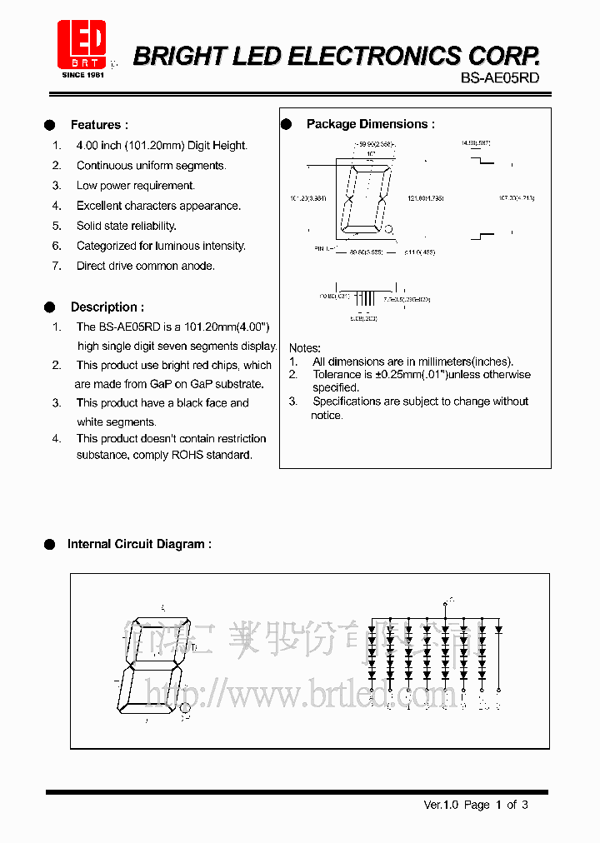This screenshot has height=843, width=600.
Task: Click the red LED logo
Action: [x=82, y=42]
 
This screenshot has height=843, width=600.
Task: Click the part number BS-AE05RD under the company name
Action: [x=500, y=78]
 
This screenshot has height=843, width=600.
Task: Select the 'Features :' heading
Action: [x=99, y=125]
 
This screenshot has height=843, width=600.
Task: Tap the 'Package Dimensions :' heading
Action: [x=370, y=124]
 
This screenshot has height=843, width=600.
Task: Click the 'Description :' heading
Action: [x=107, y=307]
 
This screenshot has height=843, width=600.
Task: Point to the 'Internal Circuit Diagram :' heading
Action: [x=139, y=544]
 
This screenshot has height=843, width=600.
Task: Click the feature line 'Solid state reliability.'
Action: [x=126, y=226]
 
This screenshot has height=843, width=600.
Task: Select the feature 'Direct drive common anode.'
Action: [x=145, y=266]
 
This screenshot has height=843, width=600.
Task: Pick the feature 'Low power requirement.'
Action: [x=135, y=186]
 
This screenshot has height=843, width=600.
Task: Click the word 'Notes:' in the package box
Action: [x=304, y=347]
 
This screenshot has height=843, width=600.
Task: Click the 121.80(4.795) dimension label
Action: [x=425, y=198]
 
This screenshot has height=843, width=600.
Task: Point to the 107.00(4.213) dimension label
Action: [x=517, y=198]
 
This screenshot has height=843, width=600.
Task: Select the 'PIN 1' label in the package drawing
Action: [x=322, y=248]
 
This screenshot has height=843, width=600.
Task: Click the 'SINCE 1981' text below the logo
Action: [x=82, y=75]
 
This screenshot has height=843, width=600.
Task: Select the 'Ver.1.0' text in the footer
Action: [x=441, y=805]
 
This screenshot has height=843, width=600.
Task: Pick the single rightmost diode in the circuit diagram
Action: [x=499, y=630]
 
